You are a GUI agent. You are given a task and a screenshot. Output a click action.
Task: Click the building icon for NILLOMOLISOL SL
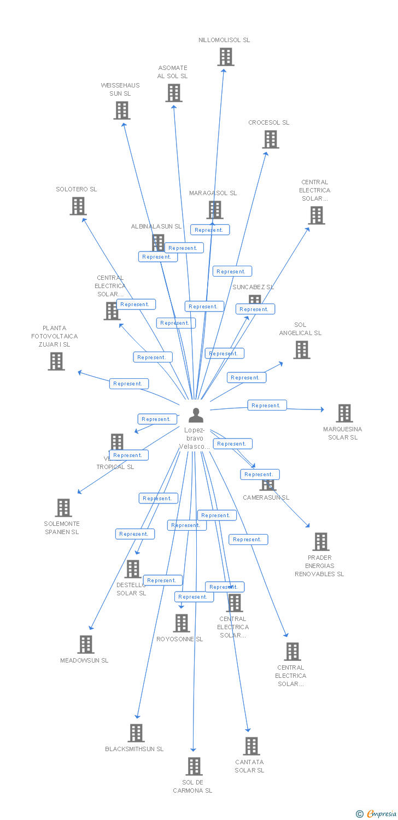click(x=226, y=57)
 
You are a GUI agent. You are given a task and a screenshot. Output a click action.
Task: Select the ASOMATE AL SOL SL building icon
click(x=174, y=93)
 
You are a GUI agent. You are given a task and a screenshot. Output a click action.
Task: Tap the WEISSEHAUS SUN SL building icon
click(x=121, y=110)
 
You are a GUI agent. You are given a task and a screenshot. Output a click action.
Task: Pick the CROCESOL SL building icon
click(x=270, y=139)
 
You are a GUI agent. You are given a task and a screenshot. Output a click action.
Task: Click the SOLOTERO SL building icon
click(x=78, y=206)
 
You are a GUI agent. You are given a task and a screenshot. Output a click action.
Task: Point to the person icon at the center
click(x=195, y=415)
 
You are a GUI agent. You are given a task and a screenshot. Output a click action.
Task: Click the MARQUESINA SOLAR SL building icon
click(x=344, y=413)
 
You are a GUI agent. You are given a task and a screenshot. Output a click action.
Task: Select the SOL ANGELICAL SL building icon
click(x=301, y=350)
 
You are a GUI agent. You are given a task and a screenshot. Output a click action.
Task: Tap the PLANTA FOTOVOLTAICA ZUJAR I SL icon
click(x=56, y=361)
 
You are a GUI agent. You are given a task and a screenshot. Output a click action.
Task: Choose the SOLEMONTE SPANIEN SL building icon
click(x=63, y=508)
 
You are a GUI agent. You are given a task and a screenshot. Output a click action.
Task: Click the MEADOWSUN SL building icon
click(x=85, y=645)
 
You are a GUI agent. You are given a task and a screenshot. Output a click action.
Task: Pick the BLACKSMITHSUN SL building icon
click(x=136, y=733)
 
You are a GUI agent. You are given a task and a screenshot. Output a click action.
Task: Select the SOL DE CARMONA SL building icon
click(x=194, y=766)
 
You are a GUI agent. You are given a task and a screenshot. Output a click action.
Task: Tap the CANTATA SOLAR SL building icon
click(x=251, y=746)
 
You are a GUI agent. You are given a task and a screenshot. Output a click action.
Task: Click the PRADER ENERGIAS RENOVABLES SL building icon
click(x=320, y=542)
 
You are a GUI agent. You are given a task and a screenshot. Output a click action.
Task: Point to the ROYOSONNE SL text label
click(x=179, y=639)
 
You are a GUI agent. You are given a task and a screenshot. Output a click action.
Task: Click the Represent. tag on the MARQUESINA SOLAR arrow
click(x=267, y=406)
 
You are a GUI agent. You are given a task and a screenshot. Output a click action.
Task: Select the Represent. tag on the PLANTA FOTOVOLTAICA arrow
click(x=128, y=384)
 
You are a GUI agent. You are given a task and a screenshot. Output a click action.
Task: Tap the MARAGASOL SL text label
click(x=213, y=193)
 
